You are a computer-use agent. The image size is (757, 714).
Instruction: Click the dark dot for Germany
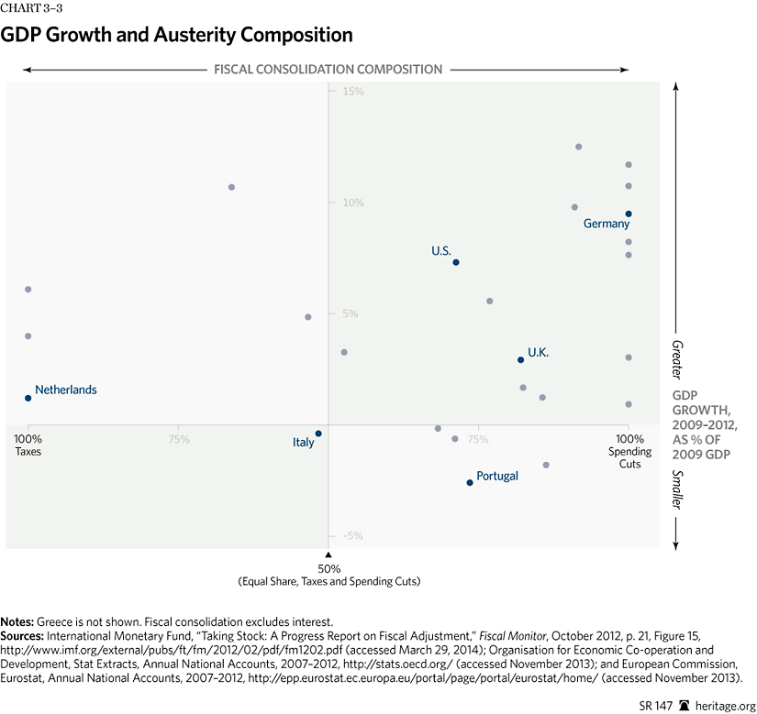click(x=629, y=214)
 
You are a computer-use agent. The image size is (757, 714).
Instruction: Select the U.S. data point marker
click(x=456, y=262)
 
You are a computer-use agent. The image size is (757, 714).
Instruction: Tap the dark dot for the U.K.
click(x=520, y=359)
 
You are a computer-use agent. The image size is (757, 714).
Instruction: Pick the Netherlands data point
click(x=28, y=398)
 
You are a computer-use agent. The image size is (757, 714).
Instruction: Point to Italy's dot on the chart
click(x=318, y=434)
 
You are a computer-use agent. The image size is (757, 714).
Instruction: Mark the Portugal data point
click(x=470, y=482)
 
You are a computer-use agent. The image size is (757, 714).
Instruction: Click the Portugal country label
click(x=497, y=476)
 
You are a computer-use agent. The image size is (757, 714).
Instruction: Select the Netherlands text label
click(x=66, y=390)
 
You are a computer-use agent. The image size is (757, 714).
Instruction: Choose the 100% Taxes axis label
click(x=28, y=445)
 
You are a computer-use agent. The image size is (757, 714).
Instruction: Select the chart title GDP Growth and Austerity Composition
click(x=177, y=36)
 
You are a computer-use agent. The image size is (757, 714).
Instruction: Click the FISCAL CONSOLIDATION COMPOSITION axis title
click(x=328, y=69)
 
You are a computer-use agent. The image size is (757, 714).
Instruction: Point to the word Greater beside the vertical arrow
click(x=676, y=358)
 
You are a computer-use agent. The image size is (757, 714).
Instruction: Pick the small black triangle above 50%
click(x=328, y=555)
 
